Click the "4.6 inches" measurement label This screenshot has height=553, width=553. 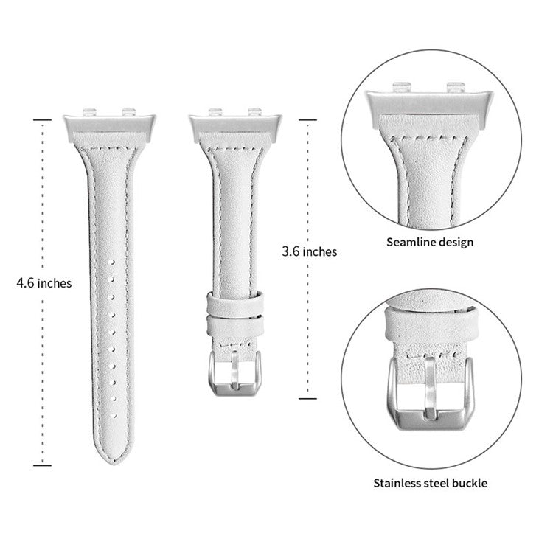tap(45, 282)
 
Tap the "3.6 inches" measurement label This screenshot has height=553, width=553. tap(310, 251)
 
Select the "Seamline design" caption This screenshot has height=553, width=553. tap(431, 241)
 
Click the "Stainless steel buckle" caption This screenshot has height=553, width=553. tap(431, 484)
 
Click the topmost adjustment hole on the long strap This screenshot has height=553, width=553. tap(112, 262)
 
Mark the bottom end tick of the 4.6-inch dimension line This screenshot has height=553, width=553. tap(44, 465)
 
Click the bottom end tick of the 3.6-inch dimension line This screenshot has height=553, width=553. tap(309, 398)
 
